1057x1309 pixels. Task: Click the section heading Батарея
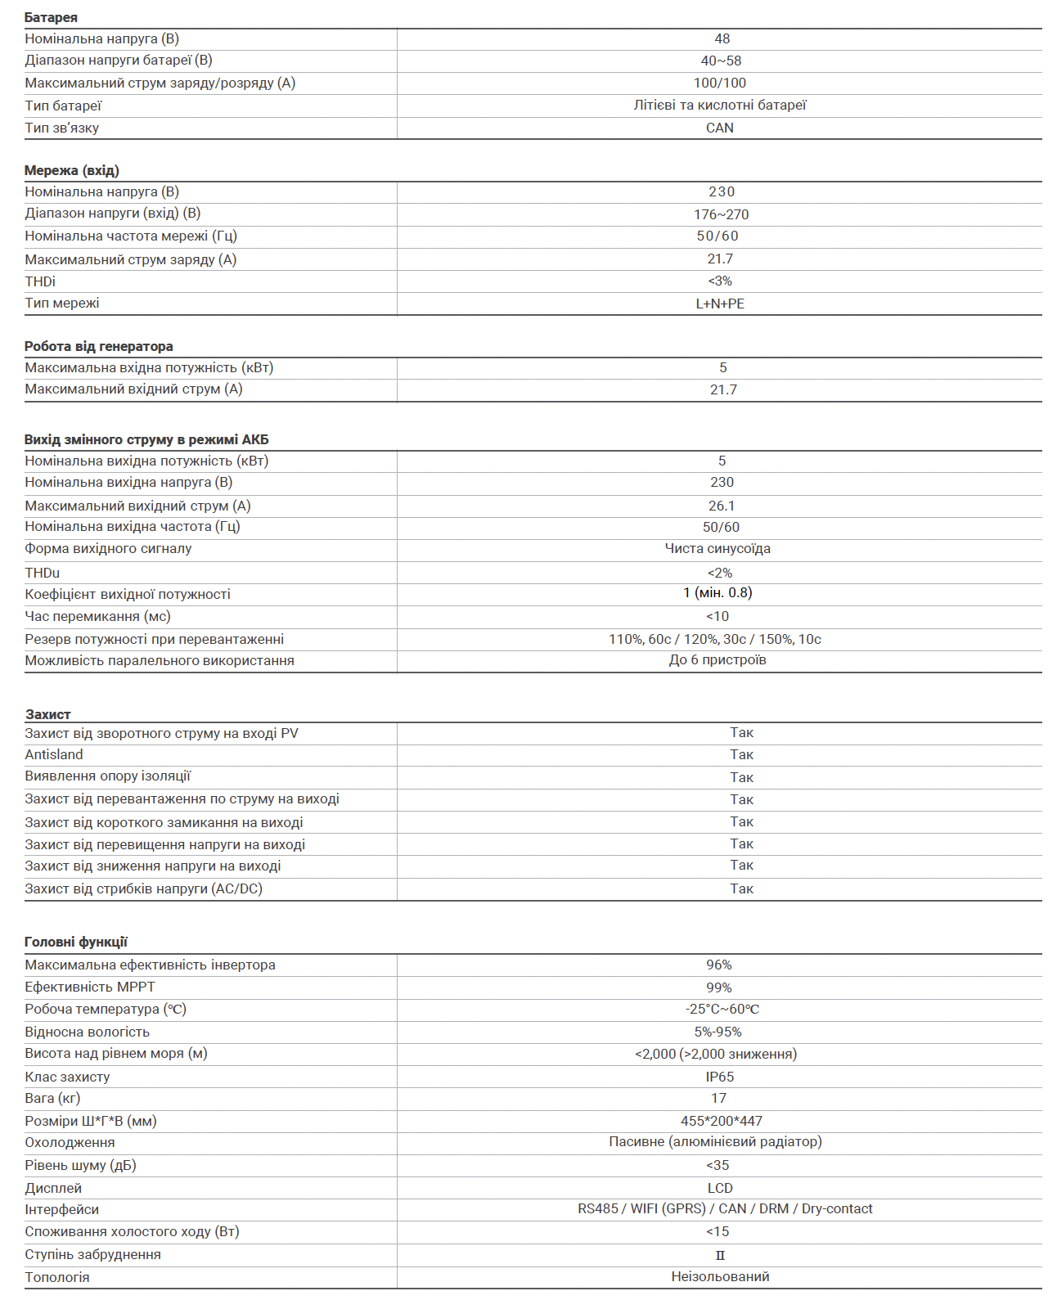coord(51,17)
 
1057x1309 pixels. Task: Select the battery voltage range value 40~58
coord(721,61)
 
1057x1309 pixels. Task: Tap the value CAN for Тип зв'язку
coord(720,128)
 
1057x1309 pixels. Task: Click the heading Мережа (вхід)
coord(72,170)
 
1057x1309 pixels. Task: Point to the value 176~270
coord(721,214)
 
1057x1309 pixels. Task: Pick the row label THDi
coord(40,281)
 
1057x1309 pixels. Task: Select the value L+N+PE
coord(720,304)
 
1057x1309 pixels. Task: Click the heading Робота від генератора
coord(98,346)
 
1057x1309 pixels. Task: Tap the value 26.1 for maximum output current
coord(721,506)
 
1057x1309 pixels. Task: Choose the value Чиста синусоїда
coord(717,548)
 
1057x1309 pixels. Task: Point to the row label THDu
coord(42,573)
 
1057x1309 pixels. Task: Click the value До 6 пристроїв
coord(717,659)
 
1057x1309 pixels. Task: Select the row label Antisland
coord(54,754)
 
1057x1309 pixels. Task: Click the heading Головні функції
coord(76,942)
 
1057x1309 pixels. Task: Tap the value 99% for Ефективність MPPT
coord(719,987)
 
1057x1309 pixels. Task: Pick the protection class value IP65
coord(720,1077)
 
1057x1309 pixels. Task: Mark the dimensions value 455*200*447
coord(721,1121)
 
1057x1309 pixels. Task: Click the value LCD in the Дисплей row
coord(720,1188)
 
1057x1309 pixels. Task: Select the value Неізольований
coord(720,1276)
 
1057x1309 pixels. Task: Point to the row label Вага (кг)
coord(52,1098)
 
